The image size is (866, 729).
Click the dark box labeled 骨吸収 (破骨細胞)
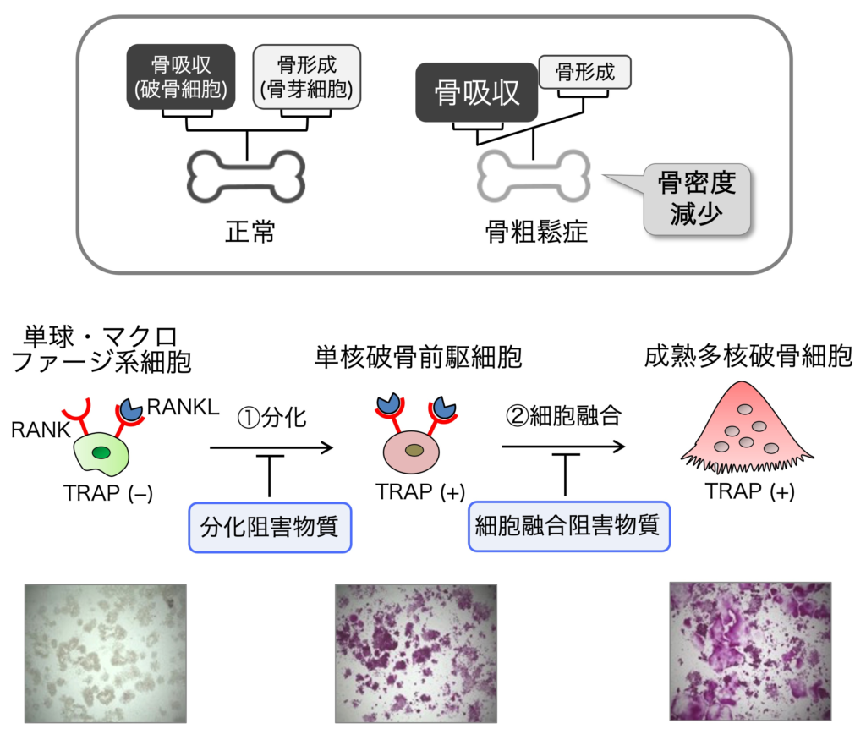pyautogui.click(x=180, y=76)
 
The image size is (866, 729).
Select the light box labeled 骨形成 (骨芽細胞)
pyautogui.click(x=307, y=76)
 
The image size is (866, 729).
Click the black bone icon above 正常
pyautogui.click(x=246, y=177)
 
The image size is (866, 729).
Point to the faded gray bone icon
pyautogui.click(x=533, y=177)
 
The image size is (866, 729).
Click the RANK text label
pyautogui.click(x=41, y=430)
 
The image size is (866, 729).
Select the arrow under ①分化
pyautogui.click(x=271, y=448)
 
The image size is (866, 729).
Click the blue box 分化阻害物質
pyautogui.click(x=270, y=528)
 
